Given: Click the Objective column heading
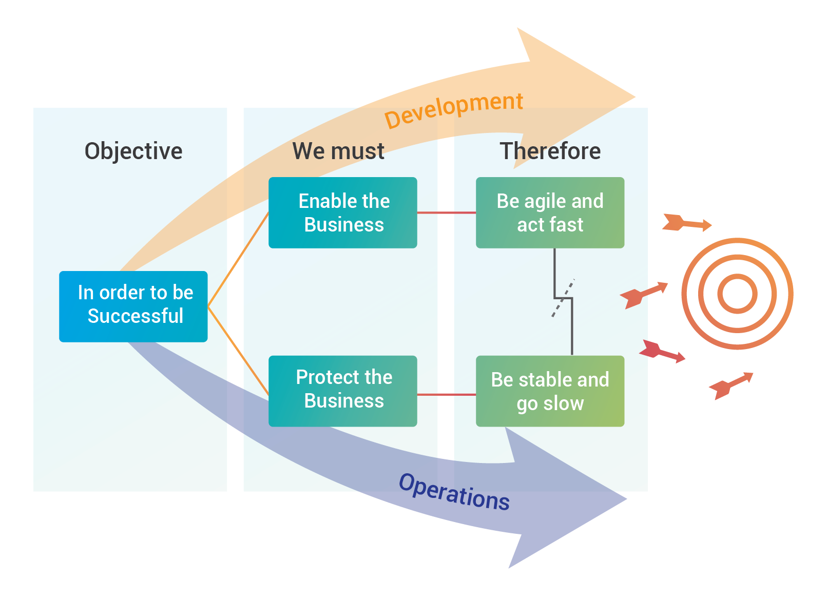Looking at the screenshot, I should coord(133,151).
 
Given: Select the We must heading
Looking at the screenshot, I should coord(338,151).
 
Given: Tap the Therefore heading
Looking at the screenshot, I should coord(550,151).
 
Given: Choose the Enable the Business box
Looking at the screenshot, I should coord(343,213).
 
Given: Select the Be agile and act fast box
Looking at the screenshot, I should coord(550,213).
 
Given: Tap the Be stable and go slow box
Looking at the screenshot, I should coord(550,391).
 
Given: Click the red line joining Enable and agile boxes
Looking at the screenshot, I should coord(446,213).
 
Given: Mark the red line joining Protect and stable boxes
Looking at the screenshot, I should coord(446,395).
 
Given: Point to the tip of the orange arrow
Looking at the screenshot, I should coord(634,97).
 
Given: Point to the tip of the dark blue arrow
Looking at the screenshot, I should coord(626,498).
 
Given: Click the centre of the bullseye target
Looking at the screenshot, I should coord(737,294).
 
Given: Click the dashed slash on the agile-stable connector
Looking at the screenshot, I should coord(562,300).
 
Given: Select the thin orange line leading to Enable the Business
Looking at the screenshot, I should coord(239,260).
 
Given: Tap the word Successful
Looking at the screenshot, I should coord(136,316).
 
